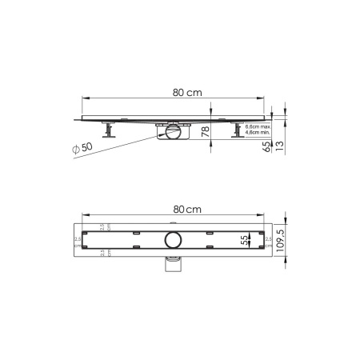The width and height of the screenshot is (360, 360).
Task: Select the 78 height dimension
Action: coord(205,132)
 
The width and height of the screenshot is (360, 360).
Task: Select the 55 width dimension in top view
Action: coord(245,239)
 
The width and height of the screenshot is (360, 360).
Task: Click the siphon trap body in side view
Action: coord(173,132)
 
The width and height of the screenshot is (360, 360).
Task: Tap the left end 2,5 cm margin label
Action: coord(78,239)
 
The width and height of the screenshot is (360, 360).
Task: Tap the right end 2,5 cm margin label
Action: coord(270,239)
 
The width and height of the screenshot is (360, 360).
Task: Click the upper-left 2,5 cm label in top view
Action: coord(103,226)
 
